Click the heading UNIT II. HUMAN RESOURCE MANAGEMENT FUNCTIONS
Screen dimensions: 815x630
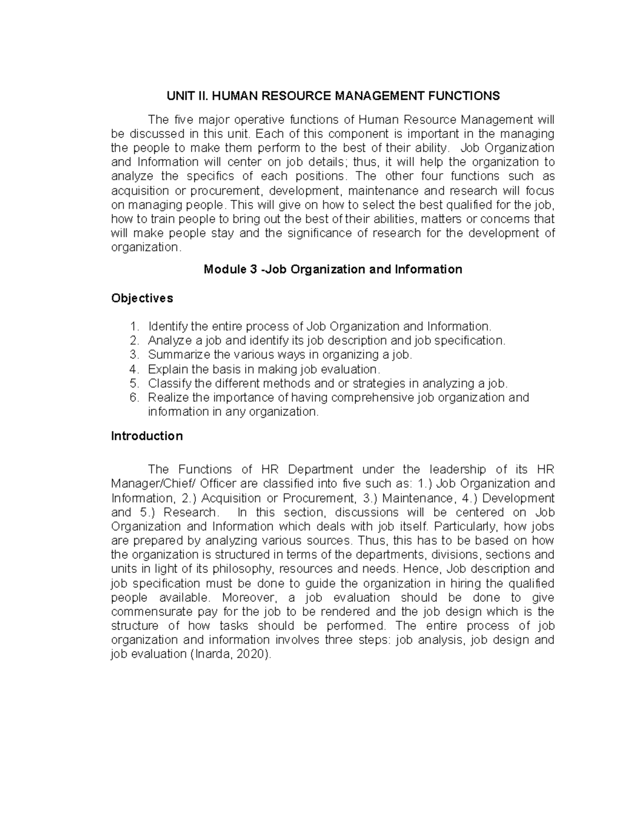pyautogui.click(x=333, y=96)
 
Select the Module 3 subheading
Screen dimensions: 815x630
pyautogui.click(x=333, y=270)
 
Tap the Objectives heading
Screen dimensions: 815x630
pyautogui.click(x=142, y=298)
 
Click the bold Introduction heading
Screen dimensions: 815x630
pyautogui.click(x=147, y=436)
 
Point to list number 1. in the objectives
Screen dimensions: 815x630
pyautogui.click(x=134, y=326)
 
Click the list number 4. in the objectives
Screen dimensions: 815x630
pyautogui.click(x=134, y=369)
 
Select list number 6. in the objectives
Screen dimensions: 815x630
pyautogui.click(x=134, y=398)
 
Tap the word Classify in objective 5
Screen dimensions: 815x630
pyautogui.click(x=168, y=384)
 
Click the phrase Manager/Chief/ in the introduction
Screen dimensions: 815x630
pyautogui.click(x=146, y=484)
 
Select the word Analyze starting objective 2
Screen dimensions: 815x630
pyautogui.click(x=168, y=341)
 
